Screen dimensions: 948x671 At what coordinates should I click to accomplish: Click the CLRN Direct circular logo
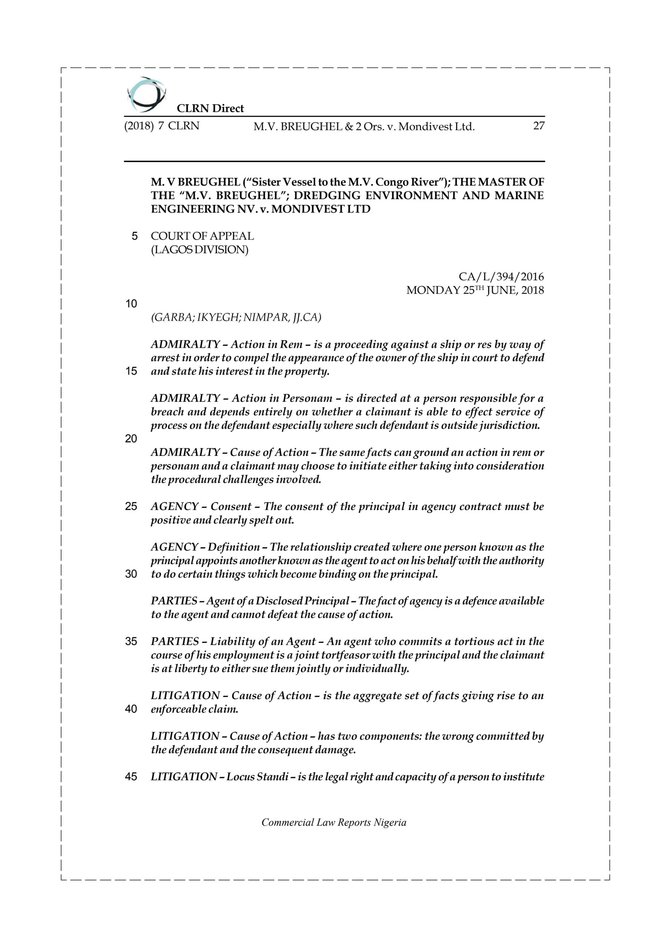(147, 94)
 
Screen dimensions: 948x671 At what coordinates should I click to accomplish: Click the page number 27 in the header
(538, 126)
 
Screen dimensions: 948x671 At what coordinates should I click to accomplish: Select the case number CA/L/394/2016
(501, 277)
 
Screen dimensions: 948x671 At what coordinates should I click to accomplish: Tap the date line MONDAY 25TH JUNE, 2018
(475, 290)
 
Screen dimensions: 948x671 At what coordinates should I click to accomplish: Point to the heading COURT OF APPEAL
(202, 236)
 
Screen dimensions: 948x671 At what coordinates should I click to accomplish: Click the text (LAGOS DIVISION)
(200, 250)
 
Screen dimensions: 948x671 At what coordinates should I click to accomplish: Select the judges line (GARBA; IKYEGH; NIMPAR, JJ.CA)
(236, 317)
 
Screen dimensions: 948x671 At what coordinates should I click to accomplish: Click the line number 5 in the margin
(134, 237)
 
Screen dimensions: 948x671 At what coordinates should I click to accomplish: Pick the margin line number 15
(131, 371)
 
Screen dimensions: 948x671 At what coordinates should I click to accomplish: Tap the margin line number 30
(131, 574)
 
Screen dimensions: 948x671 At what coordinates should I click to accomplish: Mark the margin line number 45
(131, 777)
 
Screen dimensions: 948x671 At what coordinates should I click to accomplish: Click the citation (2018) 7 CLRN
(162, 126)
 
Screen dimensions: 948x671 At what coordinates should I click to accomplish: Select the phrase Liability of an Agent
(263, 642)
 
